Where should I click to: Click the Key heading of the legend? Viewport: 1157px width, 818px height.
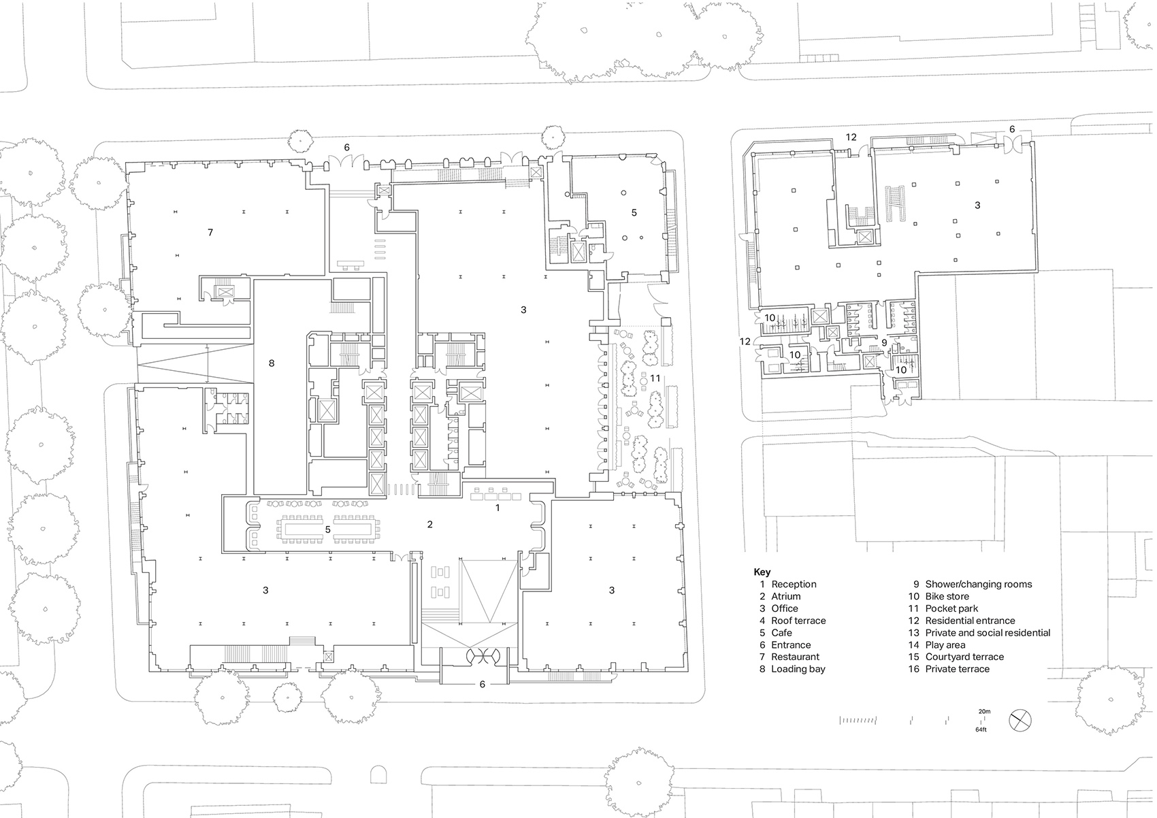[x=762, y=572]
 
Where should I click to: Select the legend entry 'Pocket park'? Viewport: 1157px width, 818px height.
[x=951, y=608]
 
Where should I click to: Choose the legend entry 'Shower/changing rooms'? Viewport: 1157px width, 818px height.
[x=978, y=584]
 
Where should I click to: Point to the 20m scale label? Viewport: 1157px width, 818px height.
[x=984, y=711]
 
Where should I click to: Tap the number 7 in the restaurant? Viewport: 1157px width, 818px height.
[x=210, y=233]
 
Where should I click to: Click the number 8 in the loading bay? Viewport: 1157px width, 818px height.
[x=271, y=363]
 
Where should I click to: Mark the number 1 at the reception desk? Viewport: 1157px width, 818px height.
[x=498, y=508]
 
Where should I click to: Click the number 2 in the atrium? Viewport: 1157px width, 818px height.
[x=429, y=524]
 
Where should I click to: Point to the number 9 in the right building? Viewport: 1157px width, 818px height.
[x=884, y=344]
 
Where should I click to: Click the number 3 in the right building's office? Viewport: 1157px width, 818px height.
[x=977, y=205]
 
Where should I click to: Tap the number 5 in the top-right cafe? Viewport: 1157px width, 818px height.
[x=634, y=213]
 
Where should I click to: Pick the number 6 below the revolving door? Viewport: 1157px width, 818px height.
[x=482, y=684]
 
